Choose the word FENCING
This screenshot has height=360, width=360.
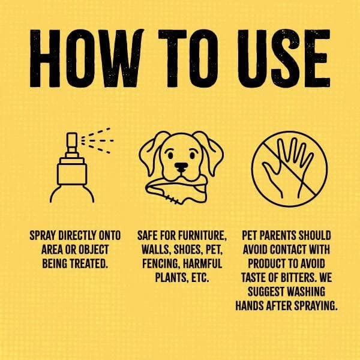click(161, 264)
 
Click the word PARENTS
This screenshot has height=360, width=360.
click(289, 235)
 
